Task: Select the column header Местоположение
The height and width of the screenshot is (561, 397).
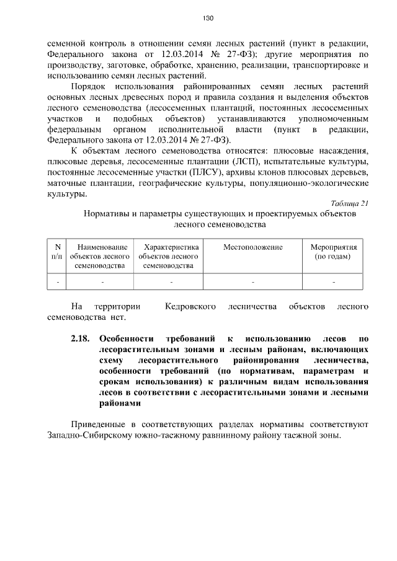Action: tap(252, 247)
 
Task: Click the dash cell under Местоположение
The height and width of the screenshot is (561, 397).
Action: tap(252, 282)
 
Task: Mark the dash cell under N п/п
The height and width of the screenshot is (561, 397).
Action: tap(58, 282)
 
